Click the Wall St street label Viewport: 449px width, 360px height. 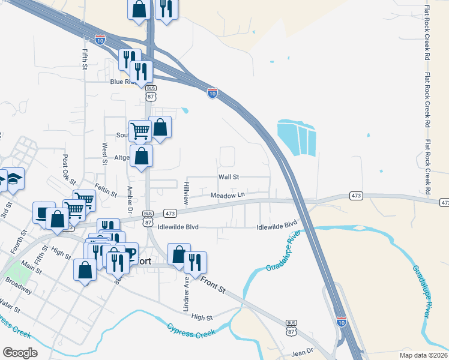pos(229,177)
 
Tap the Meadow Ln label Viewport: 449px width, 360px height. pos(228,195)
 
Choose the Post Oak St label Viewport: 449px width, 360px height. pos(68,169)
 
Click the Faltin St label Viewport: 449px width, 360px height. pos(106,191)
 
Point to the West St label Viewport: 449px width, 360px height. pos(104,154)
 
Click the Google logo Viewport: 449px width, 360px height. pos(20,353)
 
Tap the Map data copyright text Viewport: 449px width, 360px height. pos(423,354)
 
